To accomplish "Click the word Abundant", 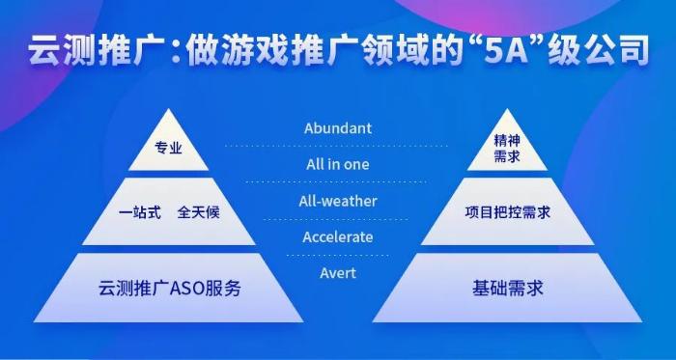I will [337, 128].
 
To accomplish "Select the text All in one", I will [337, 164].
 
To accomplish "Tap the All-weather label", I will [337, 201].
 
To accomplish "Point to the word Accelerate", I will [337, 236].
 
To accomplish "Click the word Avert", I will [337, 273].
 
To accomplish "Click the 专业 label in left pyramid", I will [168, 150].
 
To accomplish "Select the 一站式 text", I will [138, 211].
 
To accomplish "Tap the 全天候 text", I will [198, 211].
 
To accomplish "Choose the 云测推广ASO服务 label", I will [169, 288].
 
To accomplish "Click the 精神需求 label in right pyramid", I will [507, 149].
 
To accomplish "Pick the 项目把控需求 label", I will [507, 211].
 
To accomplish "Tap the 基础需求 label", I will [507, 288].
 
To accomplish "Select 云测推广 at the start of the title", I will [93, 51].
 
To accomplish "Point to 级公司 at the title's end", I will [608, 51].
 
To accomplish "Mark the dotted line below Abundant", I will [337, 146].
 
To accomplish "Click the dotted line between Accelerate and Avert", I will [337, 255].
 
